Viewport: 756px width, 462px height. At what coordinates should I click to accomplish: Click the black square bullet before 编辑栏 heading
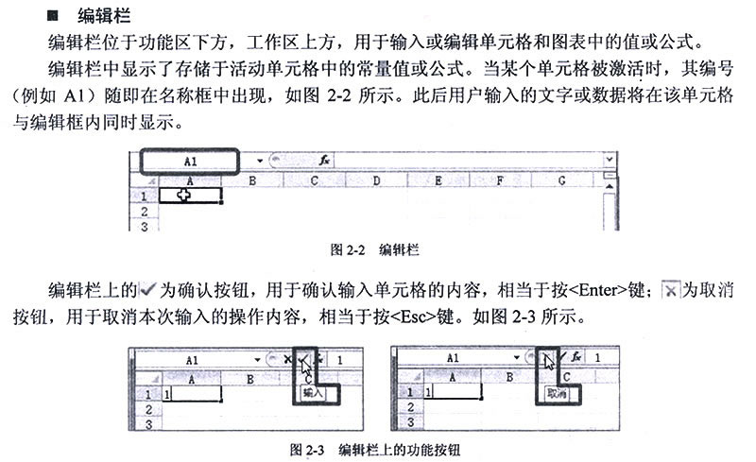(52, 16)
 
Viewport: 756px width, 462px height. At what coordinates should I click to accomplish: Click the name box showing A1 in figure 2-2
(190, 161)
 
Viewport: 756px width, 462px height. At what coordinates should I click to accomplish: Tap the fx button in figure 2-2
(324, 160)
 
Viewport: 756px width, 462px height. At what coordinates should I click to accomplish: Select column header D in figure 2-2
(376, 180)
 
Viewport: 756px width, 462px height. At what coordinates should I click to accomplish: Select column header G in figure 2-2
(561, 180)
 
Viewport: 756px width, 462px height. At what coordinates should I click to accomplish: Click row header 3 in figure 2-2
(145, 225)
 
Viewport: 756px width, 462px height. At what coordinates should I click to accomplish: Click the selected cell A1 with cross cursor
(190, 196)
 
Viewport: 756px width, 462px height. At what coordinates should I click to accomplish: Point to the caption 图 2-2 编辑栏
(374, 249)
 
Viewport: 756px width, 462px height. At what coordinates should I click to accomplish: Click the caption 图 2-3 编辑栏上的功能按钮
(375, 450)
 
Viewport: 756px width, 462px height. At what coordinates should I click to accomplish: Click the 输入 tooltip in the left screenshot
(313, 393)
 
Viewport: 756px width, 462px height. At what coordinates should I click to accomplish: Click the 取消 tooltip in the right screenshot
(557, 394)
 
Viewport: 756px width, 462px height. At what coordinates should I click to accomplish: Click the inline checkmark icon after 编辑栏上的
(147, 289)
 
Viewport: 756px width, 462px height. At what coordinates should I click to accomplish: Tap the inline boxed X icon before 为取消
(670, 289)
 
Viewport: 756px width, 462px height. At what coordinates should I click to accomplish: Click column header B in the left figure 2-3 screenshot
(249, 380)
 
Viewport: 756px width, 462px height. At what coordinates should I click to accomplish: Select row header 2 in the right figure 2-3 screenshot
(410, 407)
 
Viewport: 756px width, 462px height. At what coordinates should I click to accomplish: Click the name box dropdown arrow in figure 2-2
(259, 161)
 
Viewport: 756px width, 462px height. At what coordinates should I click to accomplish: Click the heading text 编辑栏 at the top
(104, 16)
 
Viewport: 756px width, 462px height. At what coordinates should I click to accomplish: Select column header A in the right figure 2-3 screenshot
(453, 377)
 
